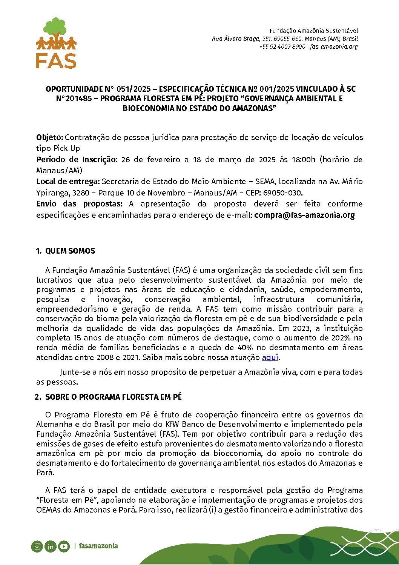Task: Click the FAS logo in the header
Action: point(56,43)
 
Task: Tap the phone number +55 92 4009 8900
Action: point(282,47)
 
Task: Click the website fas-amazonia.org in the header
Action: point(333,47)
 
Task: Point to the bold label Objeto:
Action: point(50,137)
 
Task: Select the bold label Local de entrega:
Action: point(68,182)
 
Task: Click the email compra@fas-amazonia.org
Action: point(304,215)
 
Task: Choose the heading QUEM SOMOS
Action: point(70,251)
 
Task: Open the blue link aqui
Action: point(270,357)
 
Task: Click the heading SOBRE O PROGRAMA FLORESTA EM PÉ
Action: point(113,397)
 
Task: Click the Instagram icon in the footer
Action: point(37,546)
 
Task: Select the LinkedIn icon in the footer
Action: point(50,546)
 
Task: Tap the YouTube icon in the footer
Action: point(64,546)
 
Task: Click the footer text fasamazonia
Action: point(98,546)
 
